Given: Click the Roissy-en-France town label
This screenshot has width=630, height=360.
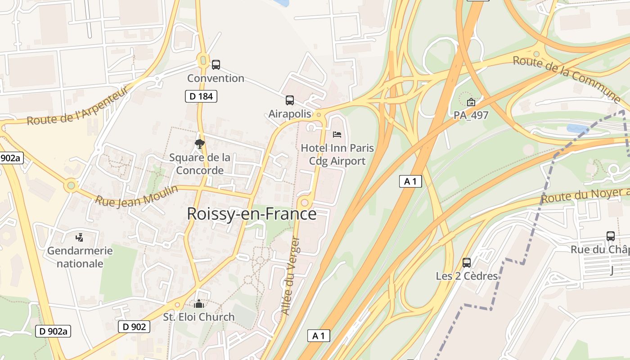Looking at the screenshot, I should tap(252, 214).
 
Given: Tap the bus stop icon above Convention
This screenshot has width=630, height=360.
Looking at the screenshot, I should tap(216, 65).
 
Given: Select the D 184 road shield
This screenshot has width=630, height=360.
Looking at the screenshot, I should tap(201, 96).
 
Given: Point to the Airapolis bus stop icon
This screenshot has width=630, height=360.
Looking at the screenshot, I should tap(290, 100).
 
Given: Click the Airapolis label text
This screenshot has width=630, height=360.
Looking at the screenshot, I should tap(290, 114).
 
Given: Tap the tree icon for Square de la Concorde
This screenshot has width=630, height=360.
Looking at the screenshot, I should tap(200, 144).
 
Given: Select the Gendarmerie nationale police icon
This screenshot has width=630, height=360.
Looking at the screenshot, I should tap(80, 237).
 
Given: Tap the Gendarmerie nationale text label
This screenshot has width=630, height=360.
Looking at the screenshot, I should tap(80, 257).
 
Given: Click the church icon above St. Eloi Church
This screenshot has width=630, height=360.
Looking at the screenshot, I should tap(199, 304).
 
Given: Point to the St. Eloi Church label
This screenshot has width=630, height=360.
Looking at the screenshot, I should tap(199, 317).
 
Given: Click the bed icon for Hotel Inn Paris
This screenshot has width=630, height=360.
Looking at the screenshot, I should tap(337, 134).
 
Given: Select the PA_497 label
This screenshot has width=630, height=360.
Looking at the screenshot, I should tap(471, 115).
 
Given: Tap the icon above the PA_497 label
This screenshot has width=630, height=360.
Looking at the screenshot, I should tap(471, 102).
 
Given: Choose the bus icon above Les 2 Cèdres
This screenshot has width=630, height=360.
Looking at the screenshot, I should tap(467, 262).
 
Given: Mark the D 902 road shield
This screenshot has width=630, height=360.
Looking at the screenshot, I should tap(134, 327).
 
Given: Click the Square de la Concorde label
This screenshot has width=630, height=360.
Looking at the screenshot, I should tap(200, 164).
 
